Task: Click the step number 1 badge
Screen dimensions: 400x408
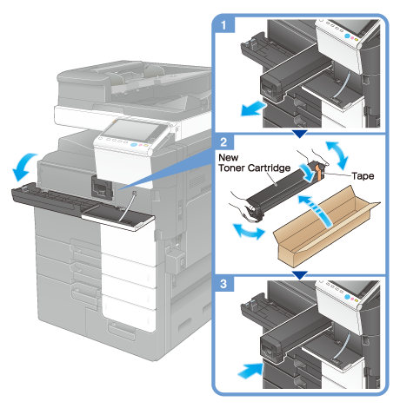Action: [x=223, y=25]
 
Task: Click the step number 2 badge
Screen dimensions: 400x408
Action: [x=223, y=142]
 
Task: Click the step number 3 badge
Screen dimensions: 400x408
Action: [x=223, y=284]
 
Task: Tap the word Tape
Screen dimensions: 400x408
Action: [x=363, y=176]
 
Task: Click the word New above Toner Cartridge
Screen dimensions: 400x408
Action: [x=229, y=157]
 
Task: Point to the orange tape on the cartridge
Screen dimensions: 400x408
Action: [x=318, y=174]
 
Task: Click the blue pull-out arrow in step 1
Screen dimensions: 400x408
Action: [x=253, y=109]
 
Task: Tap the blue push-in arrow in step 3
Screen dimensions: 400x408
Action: [x=250, y=371]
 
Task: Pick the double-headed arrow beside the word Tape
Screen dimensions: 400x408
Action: [x=337, y=155]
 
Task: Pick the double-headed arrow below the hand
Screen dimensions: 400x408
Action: [x=249, y=232]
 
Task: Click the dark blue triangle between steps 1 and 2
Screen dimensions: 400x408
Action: [x=300, y=134]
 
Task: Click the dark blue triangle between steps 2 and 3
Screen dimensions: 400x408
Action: [x=300, y=275]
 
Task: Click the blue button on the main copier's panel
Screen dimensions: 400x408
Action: [x=133, y=145]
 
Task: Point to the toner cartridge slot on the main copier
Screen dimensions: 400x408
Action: [x=102, y=188]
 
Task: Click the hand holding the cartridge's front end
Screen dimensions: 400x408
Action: [x=243, y=207]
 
